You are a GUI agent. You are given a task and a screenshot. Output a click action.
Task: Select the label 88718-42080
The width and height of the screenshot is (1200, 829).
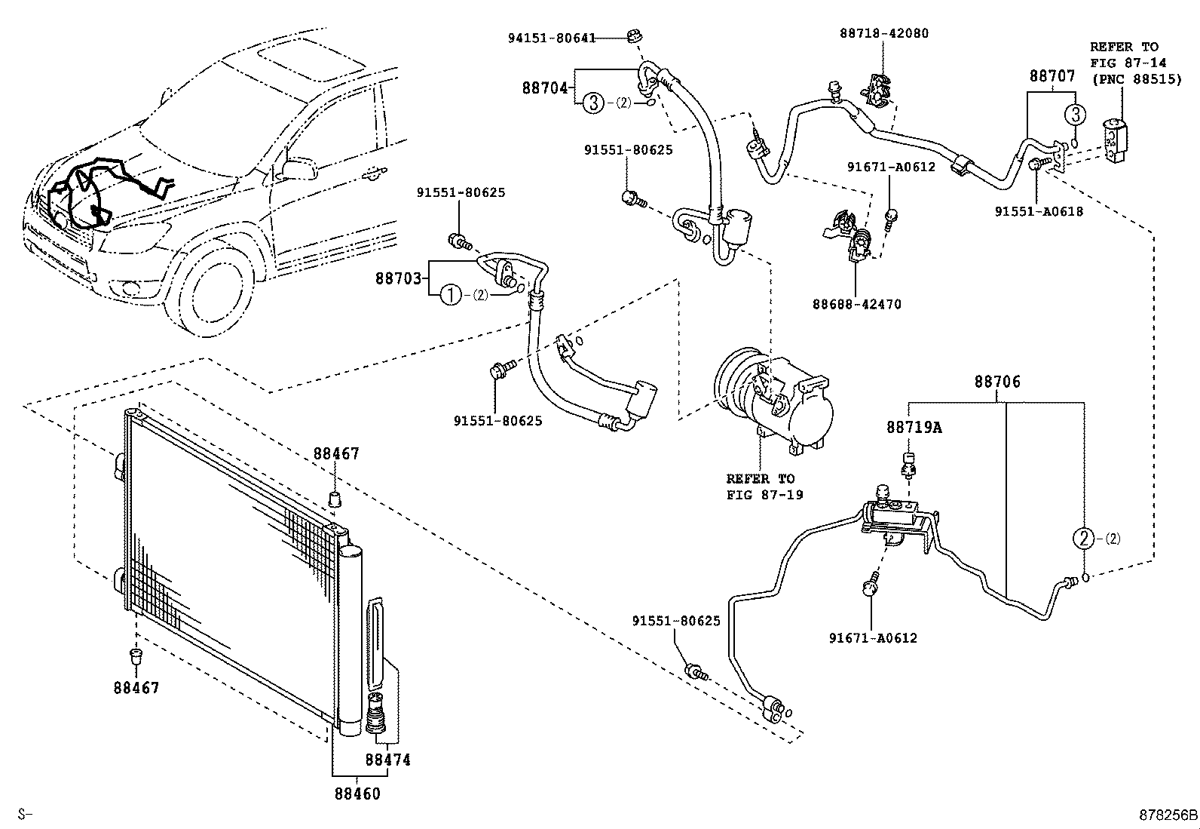click(883, 33)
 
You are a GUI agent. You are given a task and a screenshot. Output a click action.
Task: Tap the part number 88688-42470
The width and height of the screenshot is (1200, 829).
click(856, 305)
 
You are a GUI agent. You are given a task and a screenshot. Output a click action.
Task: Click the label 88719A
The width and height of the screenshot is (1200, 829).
click(914, 428)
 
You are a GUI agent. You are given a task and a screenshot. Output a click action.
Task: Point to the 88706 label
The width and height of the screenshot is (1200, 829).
click(996, 382)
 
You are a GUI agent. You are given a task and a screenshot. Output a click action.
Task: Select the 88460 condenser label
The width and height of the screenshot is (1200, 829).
click(357, 794)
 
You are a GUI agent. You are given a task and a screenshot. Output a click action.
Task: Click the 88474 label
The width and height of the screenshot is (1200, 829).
click(387, 760)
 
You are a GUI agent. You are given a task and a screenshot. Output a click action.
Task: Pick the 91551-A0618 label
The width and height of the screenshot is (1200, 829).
click(1038, 212)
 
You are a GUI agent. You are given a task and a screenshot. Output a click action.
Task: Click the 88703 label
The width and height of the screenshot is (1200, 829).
click(398, 278)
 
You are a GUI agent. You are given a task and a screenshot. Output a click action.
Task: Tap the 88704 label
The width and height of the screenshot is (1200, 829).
click(544, 88)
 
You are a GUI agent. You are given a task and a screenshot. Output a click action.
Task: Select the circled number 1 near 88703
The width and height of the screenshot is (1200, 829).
click(450, 295)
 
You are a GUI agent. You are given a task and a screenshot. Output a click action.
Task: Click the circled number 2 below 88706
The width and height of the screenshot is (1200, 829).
click(1082, 539)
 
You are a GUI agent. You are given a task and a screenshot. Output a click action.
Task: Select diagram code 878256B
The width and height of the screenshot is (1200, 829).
click(1168, 815)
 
